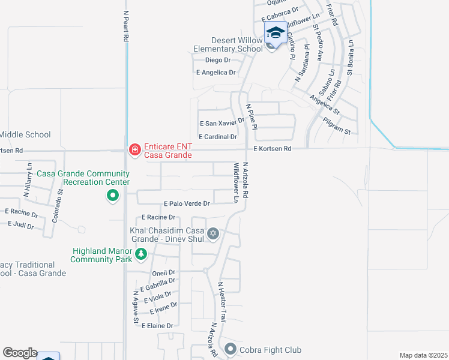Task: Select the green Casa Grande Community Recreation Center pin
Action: (112, 196)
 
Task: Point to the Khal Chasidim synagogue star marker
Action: (213, 233)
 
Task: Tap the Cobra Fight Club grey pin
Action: (231, 349)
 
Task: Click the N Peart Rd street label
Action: (126, 25)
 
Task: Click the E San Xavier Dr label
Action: (222, 123)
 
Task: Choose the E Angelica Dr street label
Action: (216, 73)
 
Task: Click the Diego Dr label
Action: (218, 60)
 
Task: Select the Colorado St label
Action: (58, 206)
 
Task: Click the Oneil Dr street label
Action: (163, 272)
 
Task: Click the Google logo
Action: (20, 353)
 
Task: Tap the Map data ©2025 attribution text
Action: (423, 355)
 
